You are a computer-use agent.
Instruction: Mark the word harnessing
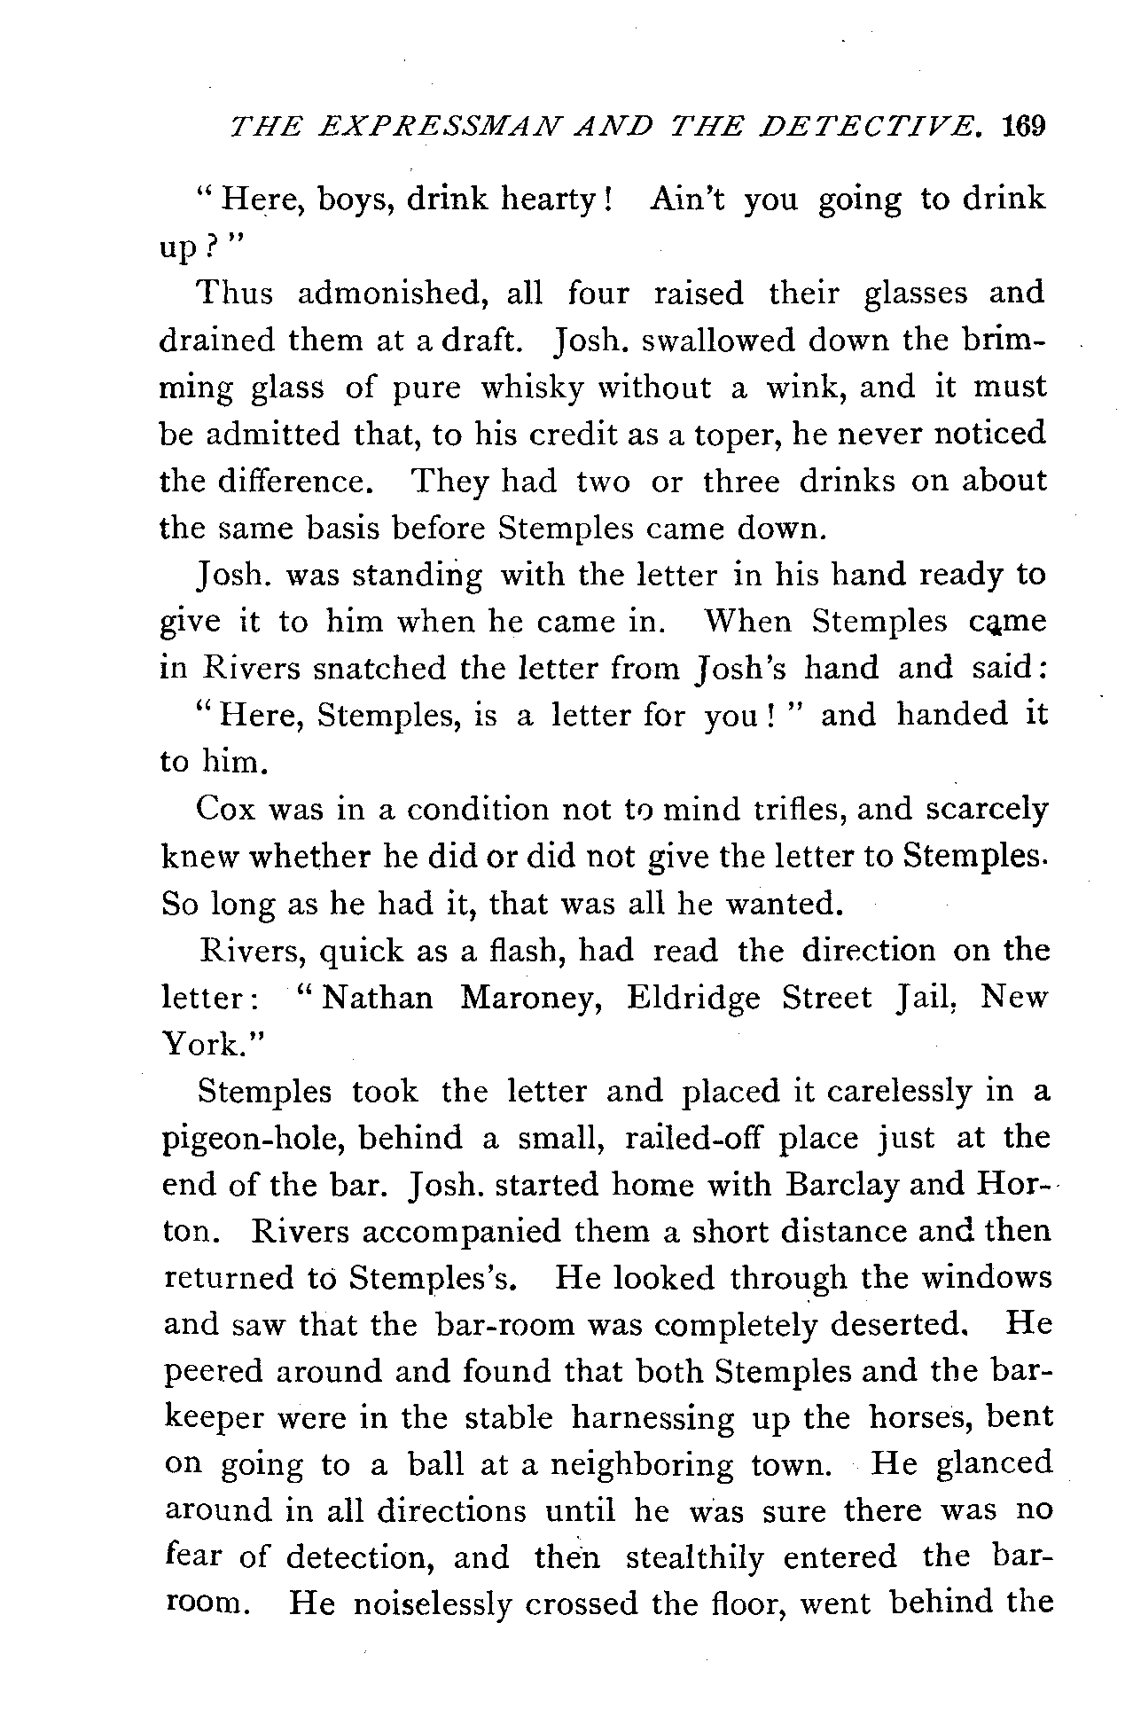(x=652, y=1416)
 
